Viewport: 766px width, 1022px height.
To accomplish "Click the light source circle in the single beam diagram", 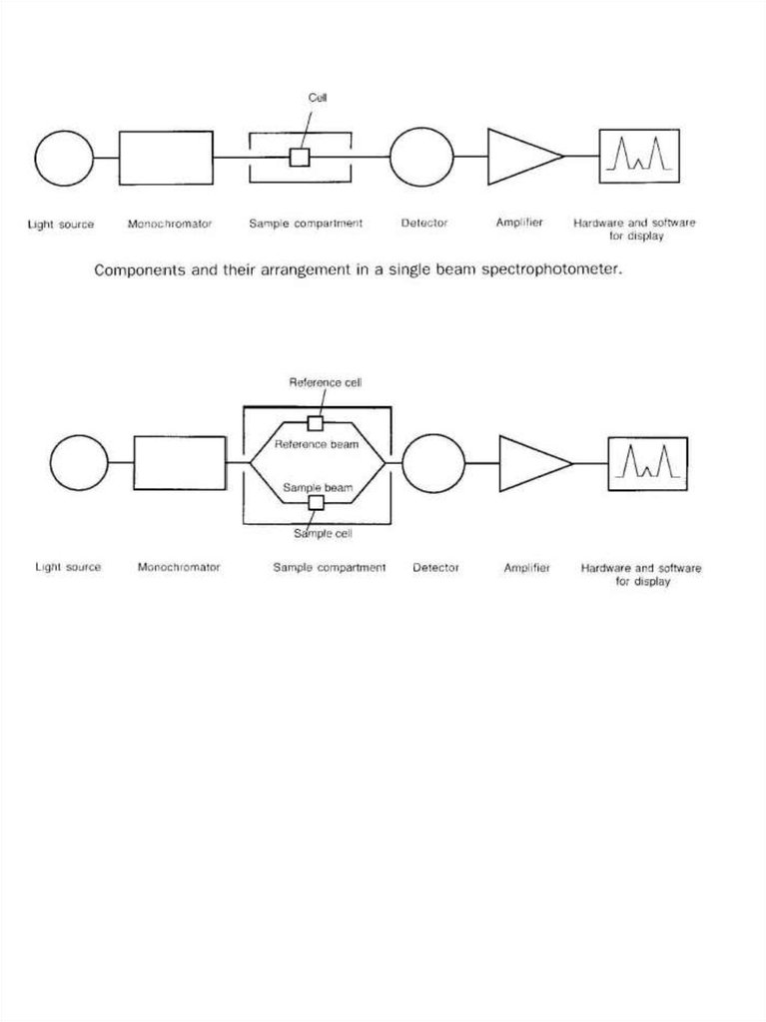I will [64, 158].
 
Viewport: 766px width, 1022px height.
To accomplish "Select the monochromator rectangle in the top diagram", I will [166, 158].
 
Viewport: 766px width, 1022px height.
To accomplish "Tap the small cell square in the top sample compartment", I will [299, 158].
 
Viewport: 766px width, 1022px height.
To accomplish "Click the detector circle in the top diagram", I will [421, 157].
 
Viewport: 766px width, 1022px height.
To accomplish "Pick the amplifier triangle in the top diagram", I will [520, 157].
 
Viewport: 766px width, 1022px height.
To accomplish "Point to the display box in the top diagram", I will [639, 157].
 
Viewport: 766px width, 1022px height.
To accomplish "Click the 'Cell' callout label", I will [319, 98].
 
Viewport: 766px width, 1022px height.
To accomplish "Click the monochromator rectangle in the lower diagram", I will [180, 463].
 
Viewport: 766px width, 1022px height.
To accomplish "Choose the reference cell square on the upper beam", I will [316, 422].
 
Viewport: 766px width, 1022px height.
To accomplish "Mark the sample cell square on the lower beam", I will [316, 503].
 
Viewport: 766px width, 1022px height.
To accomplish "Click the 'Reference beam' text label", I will [317, 443].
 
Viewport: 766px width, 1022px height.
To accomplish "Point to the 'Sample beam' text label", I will [319, 487].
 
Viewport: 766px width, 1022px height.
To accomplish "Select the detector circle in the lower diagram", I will [433, 463].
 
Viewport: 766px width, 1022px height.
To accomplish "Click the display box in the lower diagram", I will [647, 463].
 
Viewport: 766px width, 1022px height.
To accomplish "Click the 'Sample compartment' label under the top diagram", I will [306, 224].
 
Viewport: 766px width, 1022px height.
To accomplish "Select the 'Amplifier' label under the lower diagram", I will [527, 567].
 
